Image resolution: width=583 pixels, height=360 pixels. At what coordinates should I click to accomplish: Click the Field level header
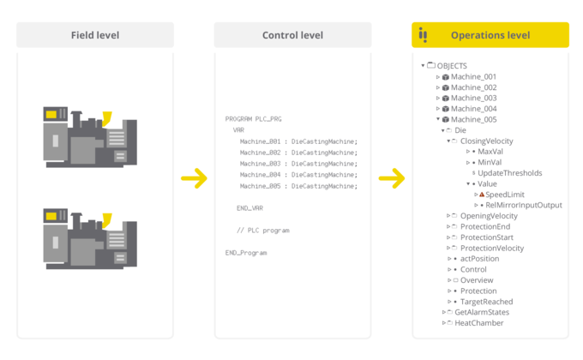[x=95, y=35]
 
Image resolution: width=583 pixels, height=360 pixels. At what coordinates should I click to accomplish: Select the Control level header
[x=292, y=35]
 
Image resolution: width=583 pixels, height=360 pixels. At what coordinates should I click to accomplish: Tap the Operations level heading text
[x=490, y=35]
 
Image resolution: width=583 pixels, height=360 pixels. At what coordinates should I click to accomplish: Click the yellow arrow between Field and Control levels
[x=195, y=179]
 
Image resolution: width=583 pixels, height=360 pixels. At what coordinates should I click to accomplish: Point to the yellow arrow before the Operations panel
[x=392, y=179]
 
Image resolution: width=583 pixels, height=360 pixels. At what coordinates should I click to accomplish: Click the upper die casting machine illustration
[x=89, y=134]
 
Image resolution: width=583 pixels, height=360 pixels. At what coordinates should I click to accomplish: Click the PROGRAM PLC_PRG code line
[x=254, y=118]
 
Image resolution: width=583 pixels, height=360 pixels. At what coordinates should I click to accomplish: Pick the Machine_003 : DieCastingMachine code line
[x=298, y=163]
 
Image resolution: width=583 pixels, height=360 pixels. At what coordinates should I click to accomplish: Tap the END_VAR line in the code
[x=249, y=208]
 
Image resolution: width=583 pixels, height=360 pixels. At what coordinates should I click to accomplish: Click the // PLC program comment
[x=262, y=231]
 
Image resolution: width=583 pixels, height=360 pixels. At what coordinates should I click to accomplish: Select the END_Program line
[x=246, y=253]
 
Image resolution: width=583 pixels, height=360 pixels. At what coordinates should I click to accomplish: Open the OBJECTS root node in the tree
[x=452, y=66]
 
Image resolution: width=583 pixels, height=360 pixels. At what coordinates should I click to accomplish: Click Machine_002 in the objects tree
[x=473, y=87]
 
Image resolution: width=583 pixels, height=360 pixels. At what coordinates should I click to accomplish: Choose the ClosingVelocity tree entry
[x=486, y=141]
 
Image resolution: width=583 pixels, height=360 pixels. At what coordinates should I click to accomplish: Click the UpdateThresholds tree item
[x=509, y=173]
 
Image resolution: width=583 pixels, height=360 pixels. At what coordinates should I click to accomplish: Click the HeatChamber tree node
[x=478, y=323]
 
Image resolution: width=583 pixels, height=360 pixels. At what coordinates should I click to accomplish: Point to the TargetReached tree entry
[x=486, y=302]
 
